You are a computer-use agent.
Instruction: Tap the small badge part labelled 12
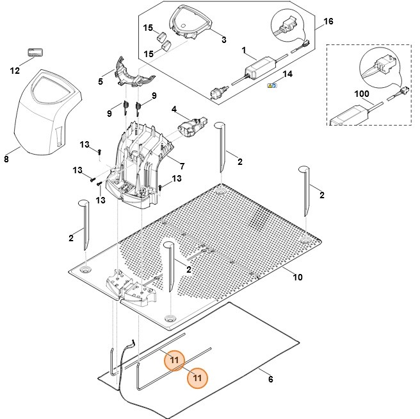click(34, 50)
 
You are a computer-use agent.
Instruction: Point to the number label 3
click(223, 40)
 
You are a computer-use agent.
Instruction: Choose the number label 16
click(328, 21)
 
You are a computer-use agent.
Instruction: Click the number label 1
click(243, 49)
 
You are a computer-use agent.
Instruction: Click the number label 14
click(287, 74)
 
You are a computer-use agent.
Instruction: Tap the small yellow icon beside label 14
click(271, 85)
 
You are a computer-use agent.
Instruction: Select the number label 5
click(101, 81)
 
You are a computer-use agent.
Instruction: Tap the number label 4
click(174, 109)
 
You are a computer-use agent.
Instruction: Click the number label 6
click(270, 379)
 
